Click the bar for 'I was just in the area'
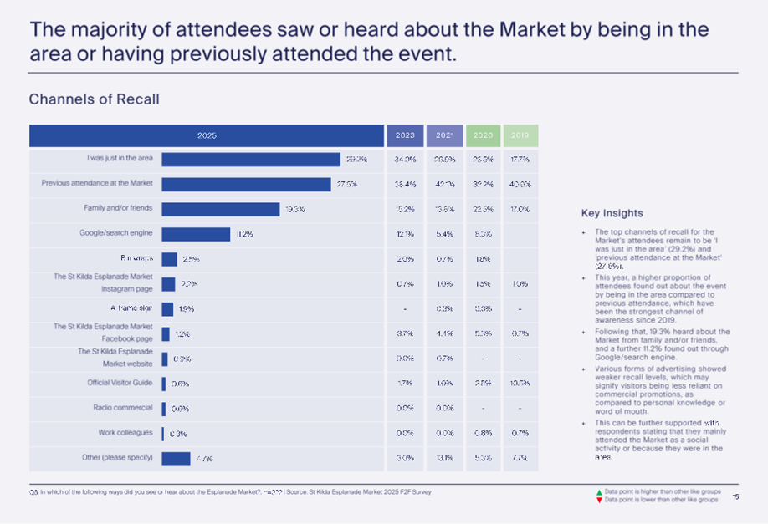251,160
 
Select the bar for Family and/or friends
220,209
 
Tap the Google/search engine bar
196,234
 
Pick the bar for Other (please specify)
176,458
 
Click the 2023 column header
405,135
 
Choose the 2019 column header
520,135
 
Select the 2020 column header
483,135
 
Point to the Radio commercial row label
122,408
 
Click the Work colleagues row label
125,433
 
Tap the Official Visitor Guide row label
120,383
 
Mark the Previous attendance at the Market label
97,184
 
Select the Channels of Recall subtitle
94,99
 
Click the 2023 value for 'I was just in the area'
405,160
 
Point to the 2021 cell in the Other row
444,458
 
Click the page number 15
735,496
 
